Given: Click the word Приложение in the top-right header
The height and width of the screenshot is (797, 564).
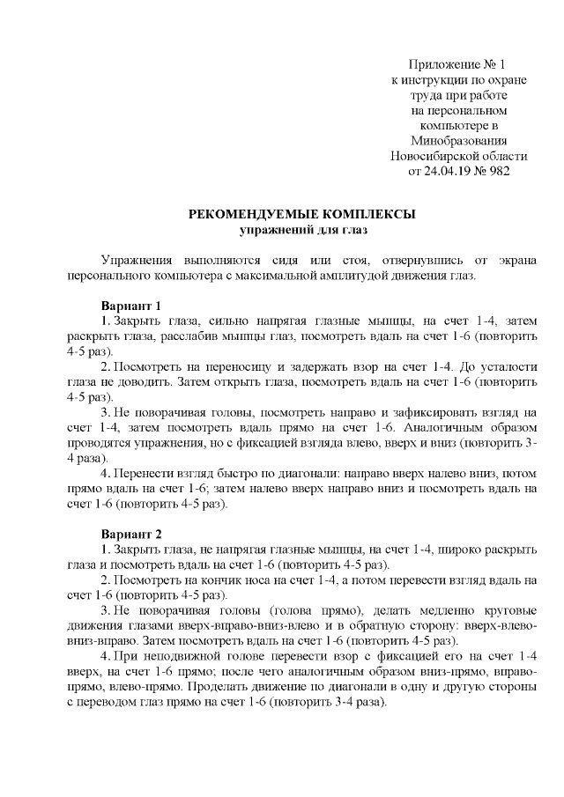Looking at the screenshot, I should coord(442,64).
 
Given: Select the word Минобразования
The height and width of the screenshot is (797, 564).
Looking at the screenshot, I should coord(458,140).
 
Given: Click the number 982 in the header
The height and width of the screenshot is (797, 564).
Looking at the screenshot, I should coord(499,170).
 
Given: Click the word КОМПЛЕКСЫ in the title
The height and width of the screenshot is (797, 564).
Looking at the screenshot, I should coord(371,214).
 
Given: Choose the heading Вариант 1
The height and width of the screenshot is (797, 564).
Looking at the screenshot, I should coord(131,305).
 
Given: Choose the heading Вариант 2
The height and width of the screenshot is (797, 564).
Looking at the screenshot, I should coord(131,534).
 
